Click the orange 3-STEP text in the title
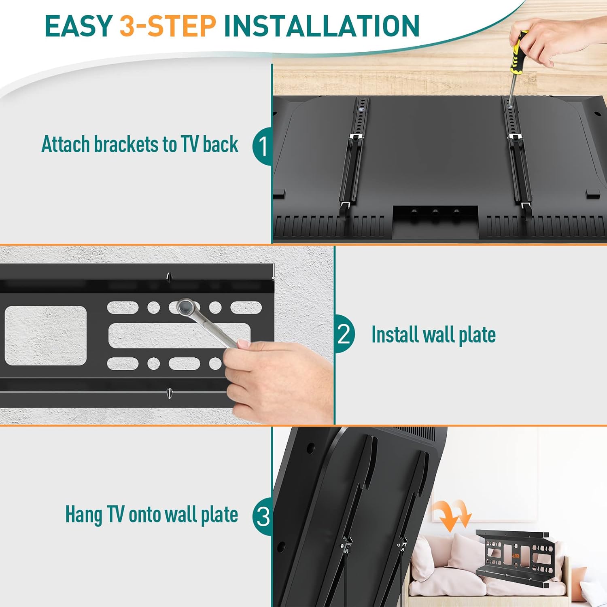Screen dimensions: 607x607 click(x=168, y=26)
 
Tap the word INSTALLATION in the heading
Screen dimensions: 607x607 click(x=321, y=26)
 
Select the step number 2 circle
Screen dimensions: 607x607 click(x=344, y=334)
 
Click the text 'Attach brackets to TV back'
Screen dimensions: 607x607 click(x=140, y=144)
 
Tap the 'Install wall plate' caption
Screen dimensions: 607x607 click(x=433, y=335)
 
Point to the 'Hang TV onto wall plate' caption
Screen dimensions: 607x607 click(x=151, y=515)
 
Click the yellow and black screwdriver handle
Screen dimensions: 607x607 click(x=518, y=53)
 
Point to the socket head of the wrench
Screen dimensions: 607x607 click(x=185, y=308)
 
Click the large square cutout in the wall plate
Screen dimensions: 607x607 click(x=46, y=335)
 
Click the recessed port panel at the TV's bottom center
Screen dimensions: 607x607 click(x=435, y=221)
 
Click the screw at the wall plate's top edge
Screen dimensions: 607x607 click(x=169, y=277)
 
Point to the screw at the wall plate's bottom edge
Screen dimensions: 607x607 click(x=169, y=392)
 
